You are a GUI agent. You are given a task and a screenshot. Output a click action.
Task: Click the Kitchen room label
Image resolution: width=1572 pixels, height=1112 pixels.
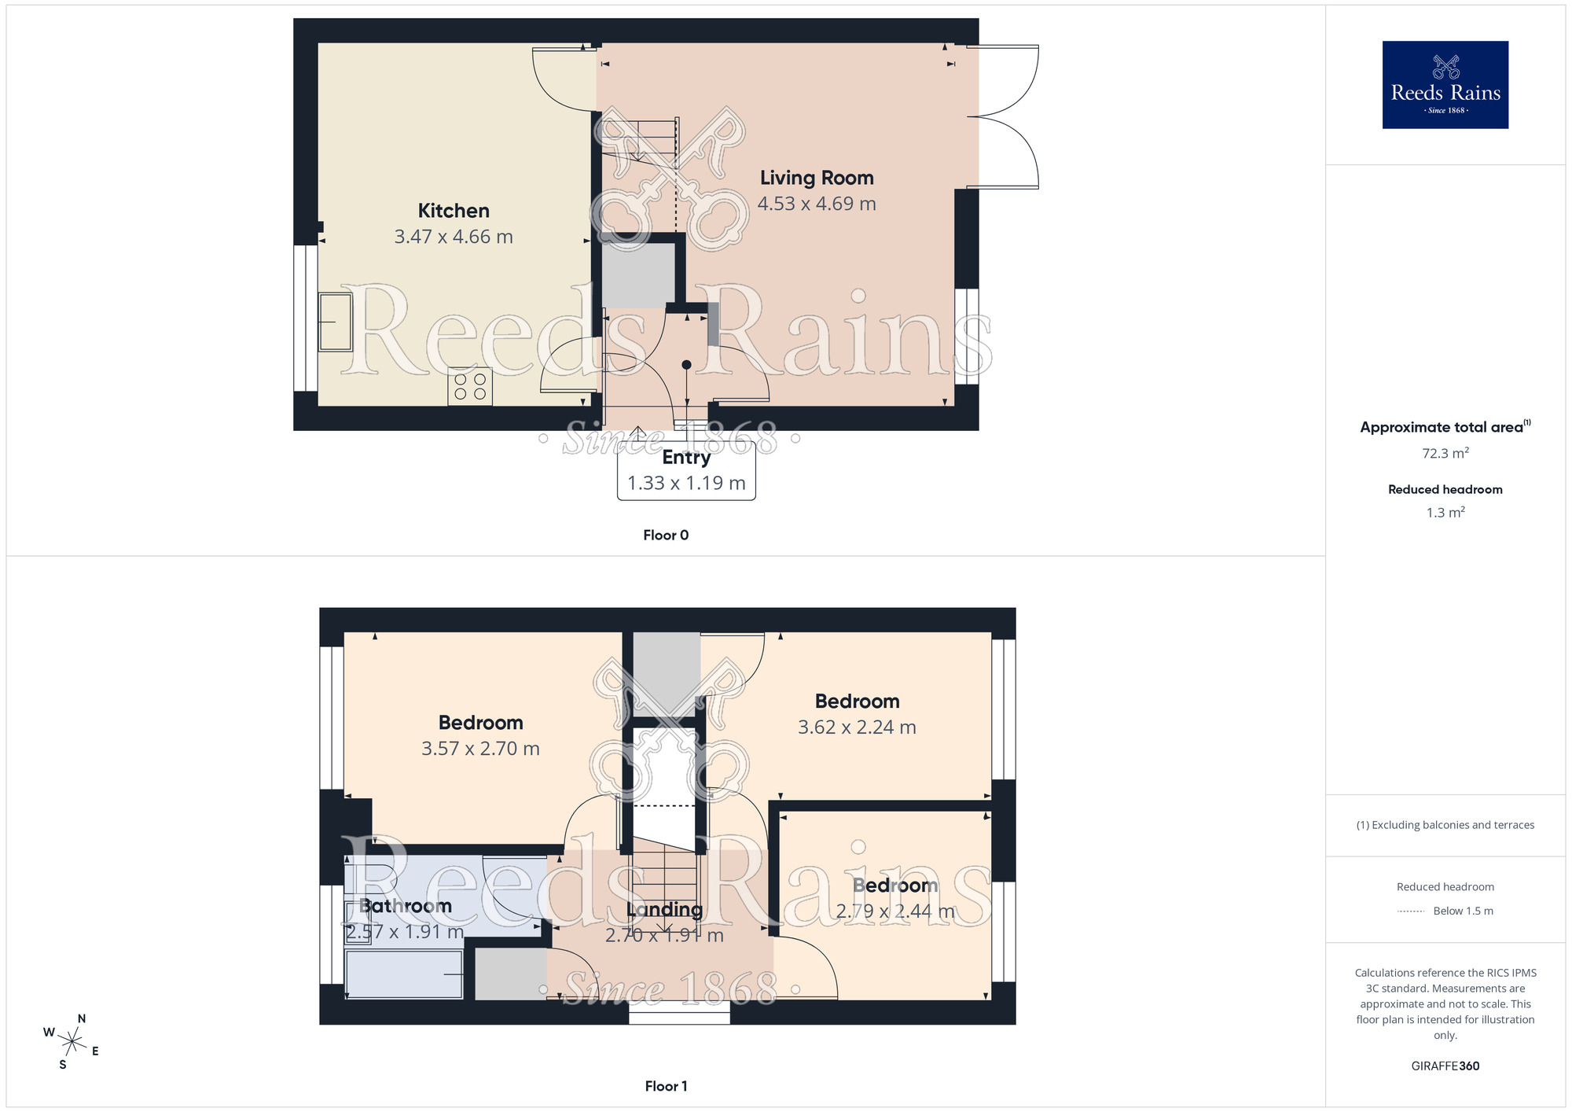[454, 211]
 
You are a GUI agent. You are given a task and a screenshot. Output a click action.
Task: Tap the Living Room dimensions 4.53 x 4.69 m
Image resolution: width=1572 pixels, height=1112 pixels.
[817, 204]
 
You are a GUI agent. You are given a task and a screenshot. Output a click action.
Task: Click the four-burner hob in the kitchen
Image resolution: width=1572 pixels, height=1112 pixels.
[470, 386]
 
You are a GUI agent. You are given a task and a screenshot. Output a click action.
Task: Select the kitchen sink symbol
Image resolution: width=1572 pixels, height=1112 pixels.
[336, 322]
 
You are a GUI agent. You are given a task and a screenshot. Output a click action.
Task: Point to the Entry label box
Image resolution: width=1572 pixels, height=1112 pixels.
[686, 470]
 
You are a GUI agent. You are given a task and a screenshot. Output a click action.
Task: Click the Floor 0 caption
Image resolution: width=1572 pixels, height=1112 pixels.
[666, 535]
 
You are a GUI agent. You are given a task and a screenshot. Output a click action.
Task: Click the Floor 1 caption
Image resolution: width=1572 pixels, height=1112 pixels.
[666, 1086]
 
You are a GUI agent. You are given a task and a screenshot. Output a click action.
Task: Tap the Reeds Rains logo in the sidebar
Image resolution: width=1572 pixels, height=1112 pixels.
[1445, 85]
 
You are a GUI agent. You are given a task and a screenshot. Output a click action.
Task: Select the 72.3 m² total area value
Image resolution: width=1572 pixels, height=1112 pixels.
[1445, 453]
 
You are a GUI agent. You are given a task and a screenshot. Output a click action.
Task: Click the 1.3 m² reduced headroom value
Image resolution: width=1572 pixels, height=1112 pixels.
[1445, 513]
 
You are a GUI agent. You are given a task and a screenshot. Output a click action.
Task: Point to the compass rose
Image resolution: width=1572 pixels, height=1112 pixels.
[72, 1043]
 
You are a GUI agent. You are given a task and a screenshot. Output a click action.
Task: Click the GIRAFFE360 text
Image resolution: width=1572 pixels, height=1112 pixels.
[1445, 1066]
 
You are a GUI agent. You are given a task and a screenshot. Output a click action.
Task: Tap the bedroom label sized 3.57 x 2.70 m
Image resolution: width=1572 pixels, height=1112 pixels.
[480, 723]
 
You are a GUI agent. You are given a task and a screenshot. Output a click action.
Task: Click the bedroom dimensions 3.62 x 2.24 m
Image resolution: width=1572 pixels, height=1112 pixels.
[857, 727]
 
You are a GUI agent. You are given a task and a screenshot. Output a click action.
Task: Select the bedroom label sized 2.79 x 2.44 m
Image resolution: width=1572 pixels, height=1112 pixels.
[895, 886]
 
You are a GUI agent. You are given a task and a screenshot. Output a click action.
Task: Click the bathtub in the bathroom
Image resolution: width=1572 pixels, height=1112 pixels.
[404, 974]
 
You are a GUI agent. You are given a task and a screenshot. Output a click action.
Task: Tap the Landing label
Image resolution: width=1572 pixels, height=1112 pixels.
[664, 910]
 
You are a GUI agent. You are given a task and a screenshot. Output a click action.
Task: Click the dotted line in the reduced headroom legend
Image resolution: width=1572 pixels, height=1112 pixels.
[1411, 911]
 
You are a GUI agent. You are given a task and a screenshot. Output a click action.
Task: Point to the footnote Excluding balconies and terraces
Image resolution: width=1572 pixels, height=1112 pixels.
[1445, 825]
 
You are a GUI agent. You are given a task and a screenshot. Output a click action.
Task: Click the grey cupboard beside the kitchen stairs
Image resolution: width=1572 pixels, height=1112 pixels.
[638, 275]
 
